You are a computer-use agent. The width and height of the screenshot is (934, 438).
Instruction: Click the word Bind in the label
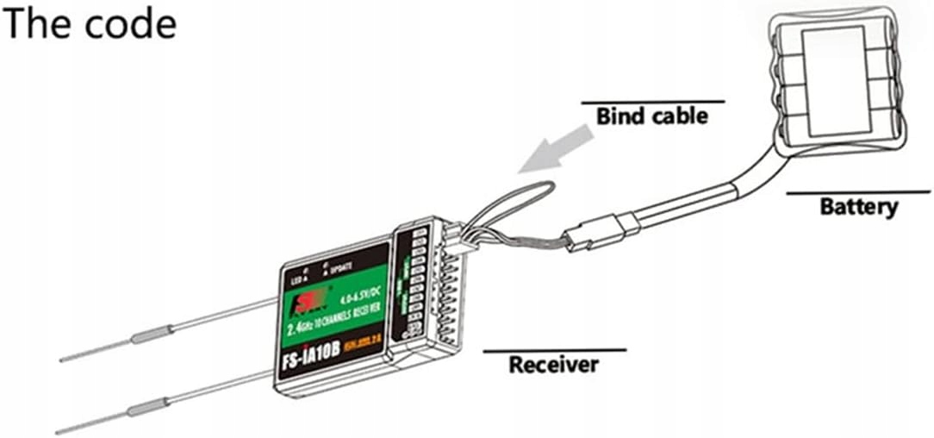click(x=619, y=116)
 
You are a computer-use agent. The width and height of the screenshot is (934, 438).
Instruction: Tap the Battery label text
click(x=858, y=208)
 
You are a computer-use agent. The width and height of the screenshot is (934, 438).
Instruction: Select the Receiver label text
click(x=553, y=365)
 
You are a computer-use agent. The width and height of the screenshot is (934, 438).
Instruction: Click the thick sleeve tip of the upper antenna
click(x=152, y=334)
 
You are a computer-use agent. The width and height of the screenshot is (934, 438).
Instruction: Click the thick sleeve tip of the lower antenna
click(x=147, y=409)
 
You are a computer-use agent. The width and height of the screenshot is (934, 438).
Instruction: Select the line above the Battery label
click(x=858, y=191)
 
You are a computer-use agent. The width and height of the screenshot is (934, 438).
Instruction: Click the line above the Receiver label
click(x=553, y=350)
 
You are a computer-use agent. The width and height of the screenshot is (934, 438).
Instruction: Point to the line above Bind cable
click(x=652, y=102)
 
